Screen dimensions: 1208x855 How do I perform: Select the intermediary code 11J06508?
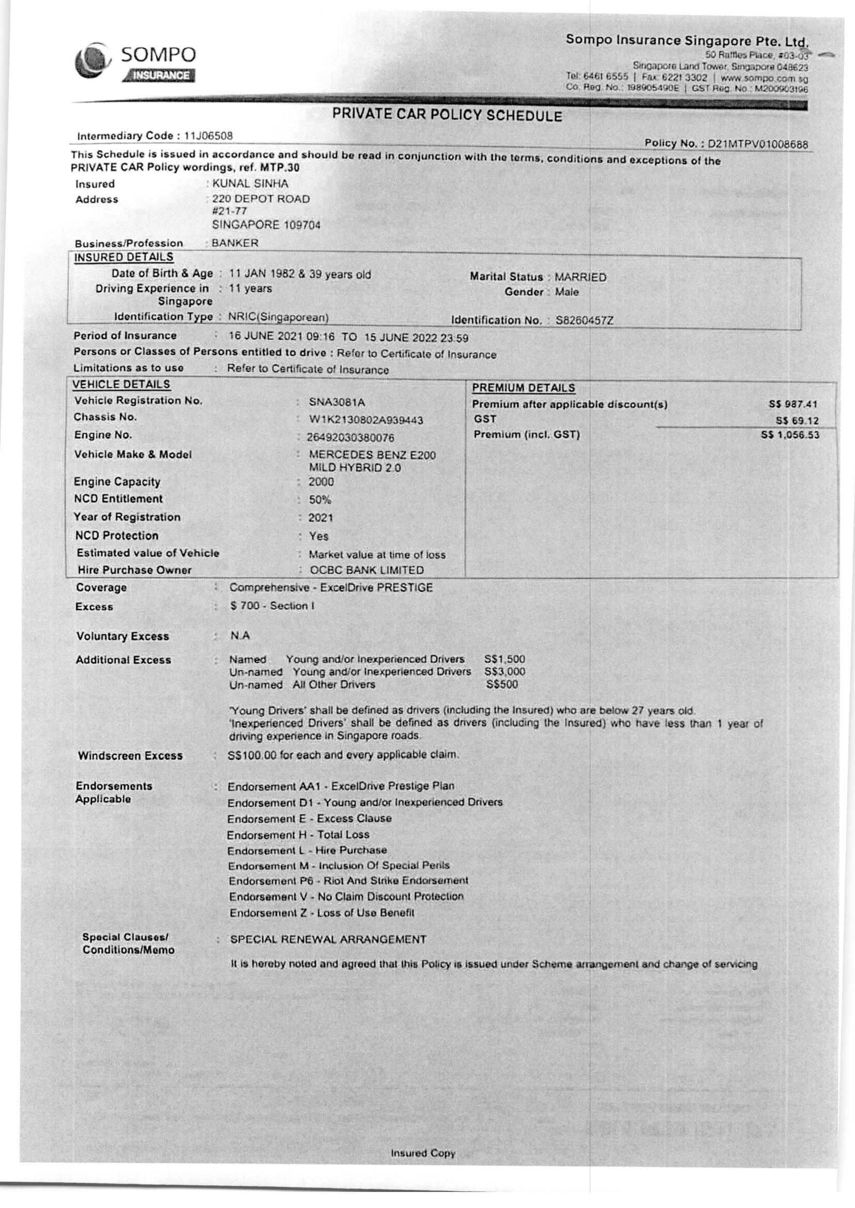click(x=208, y=136)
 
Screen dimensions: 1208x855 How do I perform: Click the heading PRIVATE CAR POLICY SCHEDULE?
click(x=447, y=116)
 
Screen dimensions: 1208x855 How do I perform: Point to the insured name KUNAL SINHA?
click(x=250, y=183)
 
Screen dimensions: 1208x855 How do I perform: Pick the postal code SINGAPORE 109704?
click(x=266, y=225)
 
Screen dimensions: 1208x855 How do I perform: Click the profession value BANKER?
click(x=235, y=243)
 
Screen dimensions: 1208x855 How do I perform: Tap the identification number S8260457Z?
click(x=585, y=320)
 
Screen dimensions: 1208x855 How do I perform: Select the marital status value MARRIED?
click(x=580, y=277)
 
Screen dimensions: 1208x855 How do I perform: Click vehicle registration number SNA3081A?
click(x=337, y=402)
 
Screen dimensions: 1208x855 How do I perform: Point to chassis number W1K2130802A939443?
click(x=366, y=421)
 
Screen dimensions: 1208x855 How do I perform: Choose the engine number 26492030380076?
click(x=350, y=438)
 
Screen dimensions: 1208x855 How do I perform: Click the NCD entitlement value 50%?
click(x=320, y=500)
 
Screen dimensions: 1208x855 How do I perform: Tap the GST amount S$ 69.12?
click(x=797, y=422)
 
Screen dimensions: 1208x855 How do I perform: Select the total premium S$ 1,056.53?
click(x=790, y=435)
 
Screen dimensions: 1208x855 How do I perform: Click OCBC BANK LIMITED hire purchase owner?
click(x=367, y=570)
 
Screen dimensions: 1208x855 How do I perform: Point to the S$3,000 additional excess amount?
click(x=506, y=672)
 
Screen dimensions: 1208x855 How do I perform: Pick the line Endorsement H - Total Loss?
click(x=298, y=834)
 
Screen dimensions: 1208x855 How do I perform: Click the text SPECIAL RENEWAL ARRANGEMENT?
click(x=329, y=939)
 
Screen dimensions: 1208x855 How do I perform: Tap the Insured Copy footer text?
click(x=423, y=1153)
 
